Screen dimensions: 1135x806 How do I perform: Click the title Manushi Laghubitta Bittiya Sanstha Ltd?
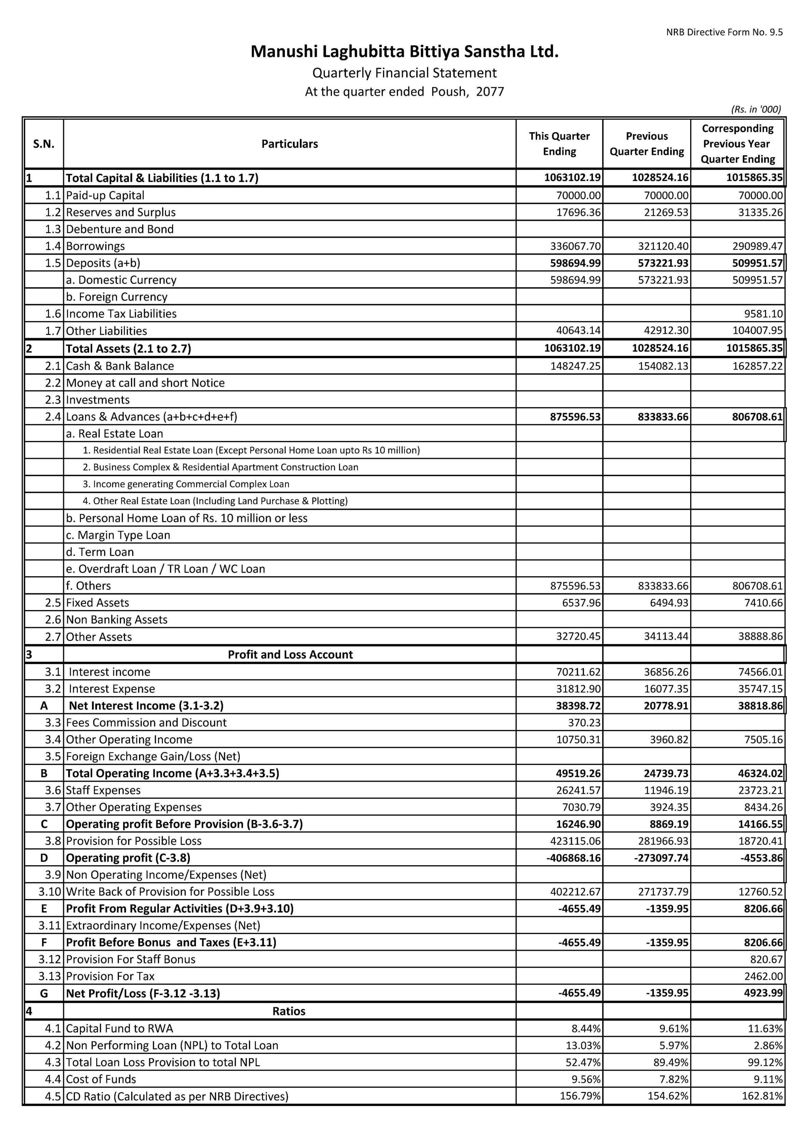click(x=404, y=52)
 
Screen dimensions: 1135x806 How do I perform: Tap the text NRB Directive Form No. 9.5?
click(x=724, y=32)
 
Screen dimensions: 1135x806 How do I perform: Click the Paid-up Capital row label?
click(x=105, y=195)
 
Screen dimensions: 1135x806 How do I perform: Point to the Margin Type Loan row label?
click(x=118, y=535)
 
